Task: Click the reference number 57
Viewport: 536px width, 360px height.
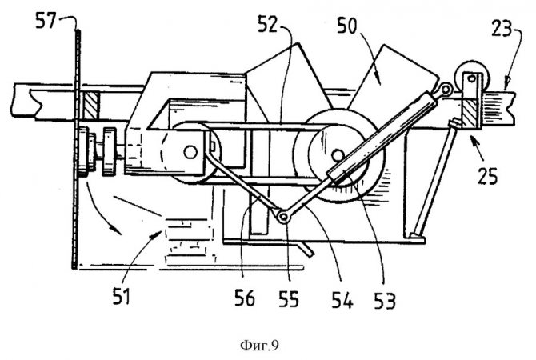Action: (x=46, y=21)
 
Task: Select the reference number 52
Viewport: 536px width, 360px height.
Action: (x=267, y=25)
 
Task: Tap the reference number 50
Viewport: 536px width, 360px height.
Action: (x=347, y=26)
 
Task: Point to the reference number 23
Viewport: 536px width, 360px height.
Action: (x=502, y=28)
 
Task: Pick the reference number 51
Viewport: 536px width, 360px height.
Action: (x=122, y=296)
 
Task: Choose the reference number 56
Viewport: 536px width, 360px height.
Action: (x=245, y=298)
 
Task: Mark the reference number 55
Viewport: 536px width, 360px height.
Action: (x=289, y=299)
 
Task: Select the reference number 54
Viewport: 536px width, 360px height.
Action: (x=342, y=301)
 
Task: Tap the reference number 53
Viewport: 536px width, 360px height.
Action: (x=385, y=301)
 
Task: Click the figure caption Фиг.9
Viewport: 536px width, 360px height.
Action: (x=259, y=346)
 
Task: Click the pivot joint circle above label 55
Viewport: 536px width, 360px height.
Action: (x=283, y=217)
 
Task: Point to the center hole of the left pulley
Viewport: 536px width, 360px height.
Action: (x=190, y=152)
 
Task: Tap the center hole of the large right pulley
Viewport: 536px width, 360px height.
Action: (x=338, y=156)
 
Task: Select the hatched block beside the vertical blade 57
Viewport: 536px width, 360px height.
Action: (x=91, y=106)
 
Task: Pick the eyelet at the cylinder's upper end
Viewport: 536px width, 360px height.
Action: (x=446, y=89)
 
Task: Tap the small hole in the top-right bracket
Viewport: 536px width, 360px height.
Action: (x=472, y=79)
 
